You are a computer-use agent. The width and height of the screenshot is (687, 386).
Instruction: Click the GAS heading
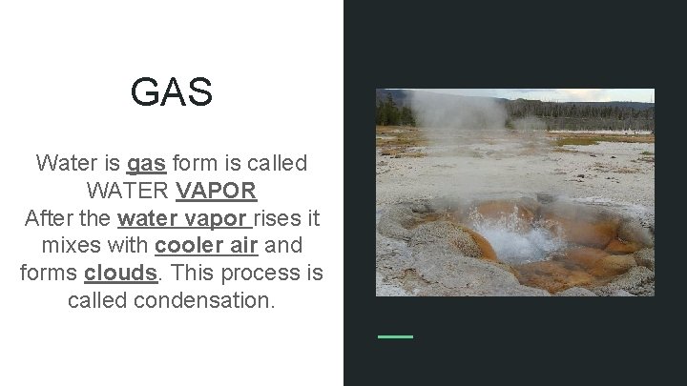pyautogui.click(x=172, y=93)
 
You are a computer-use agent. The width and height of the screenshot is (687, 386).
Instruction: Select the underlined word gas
pyautogui.click(x=146, y=163)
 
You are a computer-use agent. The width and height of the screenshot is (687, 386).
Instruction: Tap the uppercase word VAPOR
pyautogui.click(x=217, y=191)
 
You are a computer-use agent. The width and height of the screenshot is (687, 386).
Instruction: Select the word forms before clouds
pyautogui.click(x=49, y=274)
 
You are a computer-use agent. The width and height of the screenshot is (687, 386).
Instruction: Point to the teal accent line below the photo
pyautogui.click(x=395, y=336)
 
